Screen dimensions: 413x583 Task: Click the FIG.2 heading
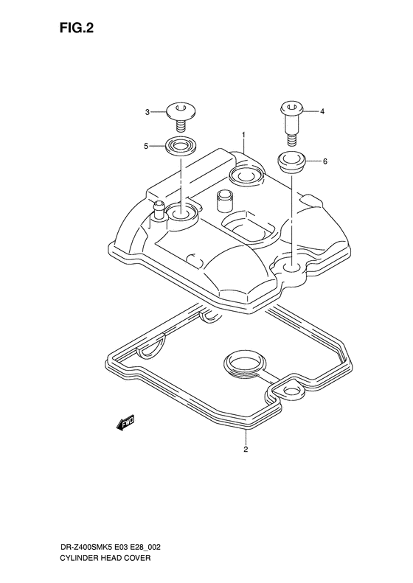tap(76, 28)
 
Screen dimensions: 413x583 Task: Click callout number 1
tap(243, 134)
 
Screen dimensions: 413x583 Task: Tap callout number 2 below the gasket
tap(246, 449)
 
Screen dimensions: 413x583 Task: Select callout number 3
tap(147, 112)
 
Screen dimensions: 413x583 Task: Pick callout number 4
tap(322, 111)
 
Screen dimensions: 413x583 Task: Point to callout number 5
tap(147, 147)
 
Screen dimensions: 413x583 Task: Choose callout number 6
tap(324, 161)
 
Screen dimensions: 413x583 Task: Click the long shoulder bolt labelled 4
tap(292, 122)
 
